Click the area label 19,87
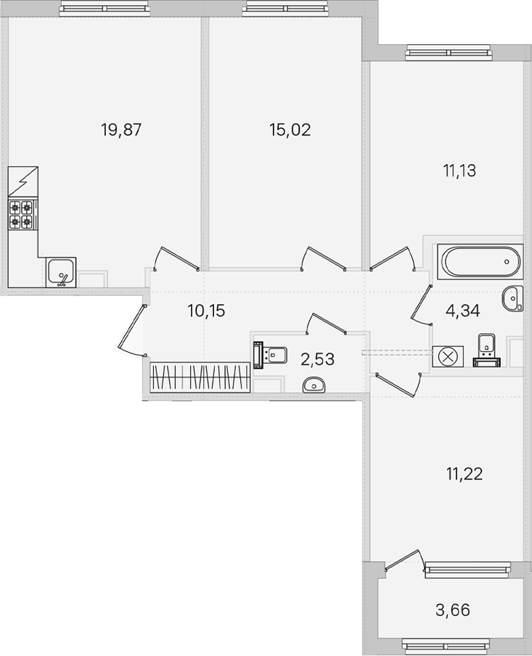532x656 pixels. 121,130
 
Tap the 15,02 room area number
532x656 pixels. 290,130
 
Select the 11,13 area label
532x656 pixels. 459,171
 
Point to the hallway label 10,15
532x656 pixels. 206,311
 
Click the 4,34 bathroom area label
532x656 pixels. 463,311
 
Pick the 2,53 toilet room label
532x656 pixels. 318,359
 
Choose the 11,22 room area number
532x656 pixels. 465,474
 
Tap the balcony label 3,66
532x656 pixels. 453,610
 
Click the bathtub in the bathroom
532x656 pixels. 480,261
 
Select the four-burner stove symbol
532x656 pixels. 22,214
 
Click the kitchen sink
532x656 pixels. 61,272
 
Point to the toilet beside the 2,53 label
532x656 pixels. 271,356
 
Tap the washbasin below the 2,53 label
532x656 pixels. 314,385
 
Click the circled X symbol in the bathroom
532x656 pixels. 448,357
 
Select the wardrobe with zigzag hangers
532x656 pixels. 200,377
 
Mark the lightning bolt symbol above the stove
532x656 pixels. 23,181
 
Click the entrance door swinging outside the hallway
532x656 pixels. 131,330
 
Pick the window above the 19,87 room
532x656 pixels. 105,8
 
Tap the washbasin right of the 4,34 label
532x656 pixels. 512,299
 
